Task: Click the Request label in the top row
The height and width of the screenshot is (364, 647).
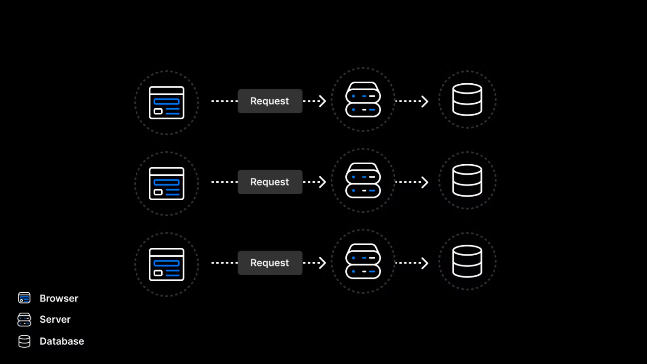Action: coord(270,101)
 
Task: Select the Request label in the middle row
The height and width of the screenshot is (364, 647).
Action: coord(270,182)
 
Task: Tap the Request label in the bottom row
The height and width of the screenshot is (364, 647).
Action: coord(270,263)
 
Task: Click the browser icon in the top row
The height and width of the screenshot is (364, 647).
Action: coord(166,103)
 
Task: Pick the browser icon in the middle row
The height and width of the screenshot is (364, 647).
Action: coord(166,184)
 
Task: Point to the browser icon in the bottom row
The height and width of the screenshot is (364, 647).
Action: coord(166,265)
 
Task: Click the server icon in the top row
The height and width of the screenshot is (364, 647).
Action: coord(363,99)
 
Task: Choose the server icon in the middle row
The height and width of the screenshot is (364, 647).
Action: coord(363,180)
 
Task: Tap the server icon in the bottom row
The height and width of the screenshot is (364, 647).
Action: coord(363,261)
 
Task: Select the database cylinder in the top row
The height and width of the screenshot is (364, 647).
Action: coord(467,99)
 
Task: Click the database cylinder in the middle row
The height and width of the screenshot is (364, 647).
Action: coord(467,180)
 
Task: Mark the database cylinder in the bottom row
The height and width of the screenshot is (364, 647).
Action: coord(467,261)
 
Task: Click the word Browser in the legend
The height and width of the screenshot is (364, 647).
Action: coord(59,298)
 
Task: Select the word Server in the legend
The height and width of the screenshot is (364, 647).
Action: coord(55,320)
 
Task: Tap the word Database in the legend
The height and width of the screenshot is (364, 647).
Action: coord(62,341)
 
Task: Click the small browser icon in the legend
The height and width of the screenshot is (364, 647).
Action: coord(24,298)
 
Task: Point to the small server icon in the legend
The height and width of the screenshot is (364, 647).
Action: coord(24,320)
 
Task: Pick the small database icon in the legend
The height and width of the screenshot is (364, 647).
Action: coord(24,341)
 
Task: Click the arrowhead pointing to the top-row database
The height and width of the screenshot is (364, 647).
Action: coord(425,101)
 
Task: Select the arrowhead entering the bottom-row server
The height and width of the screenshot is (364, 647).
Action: coord(323,263)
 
